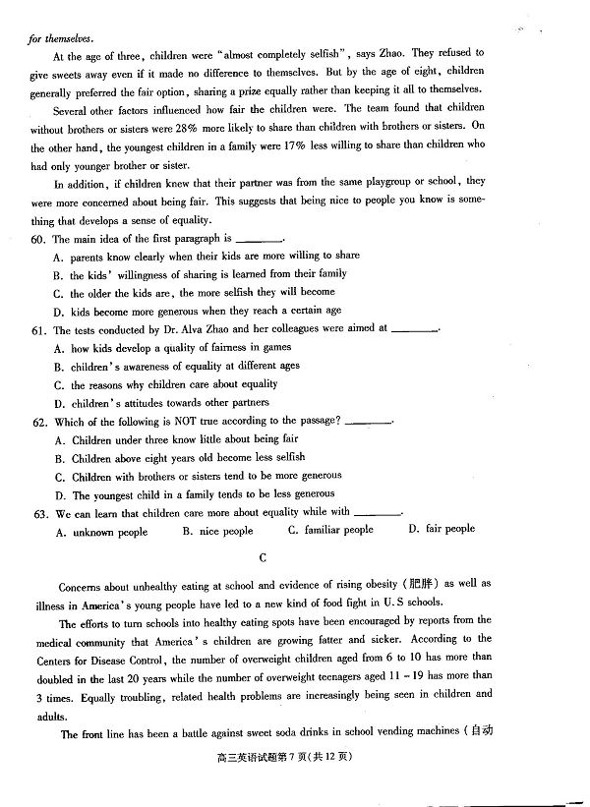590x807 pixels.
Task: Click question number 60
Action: point(39,239)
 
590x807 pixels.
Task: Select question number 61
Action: point(39,330)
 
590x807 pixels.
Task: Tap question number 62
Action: point(39,422)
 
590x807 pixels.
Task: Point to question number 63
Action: point(39,512)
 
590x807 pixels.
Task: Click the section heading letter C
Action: point(263,557)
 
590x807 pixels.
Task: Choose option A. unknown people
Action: point(102,532)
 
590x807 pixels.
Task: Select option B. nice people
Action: point(217,531)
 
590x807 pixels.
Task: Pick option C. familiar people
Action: point(330,530)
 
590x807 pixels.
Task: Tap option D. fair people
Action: point(442,529)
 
